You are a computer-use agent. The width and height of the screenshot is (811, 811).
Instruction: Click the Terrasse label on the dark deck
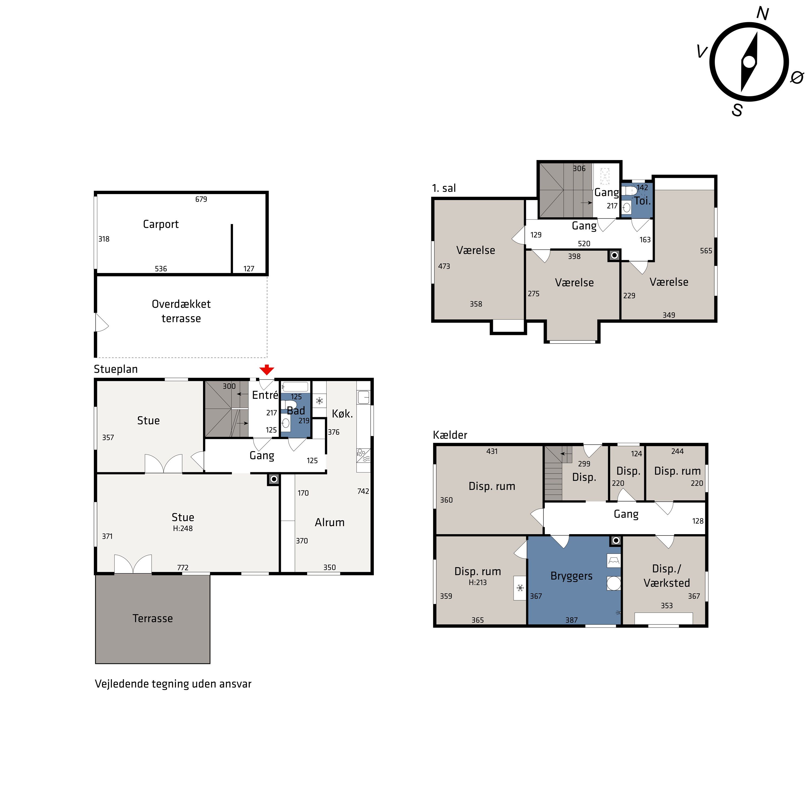click(153, 618)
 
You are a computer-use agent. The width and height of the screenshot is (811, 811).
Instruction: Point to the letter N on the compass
click(762, 14)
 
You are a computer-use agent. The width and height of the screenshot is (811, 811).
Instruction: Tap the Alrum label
click(330, 523)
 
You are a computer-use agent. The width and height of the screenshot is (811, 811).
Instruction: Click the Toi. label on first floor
click(642, 201)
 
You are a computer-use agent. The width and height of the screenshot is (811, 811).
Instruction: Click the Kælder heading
click(450, 435)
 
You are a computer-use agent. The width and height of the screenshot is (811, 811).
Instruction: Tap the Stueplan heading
click(116, 369)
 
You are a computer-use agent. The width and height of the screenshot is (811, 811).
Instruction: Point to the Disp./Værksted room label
click(667, 576)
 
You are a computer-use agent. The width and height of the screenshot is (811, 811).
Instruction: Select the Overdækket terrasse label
click(181, 311)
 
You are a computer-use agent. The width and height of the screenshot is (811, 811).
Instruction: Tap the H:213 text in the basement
click(478, 583)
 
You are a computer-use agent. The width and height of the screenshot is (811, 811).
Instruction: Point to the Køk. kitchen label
click(342, 414)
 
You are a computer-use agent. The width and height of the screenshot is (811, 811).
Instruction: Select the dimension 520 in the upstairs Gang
click(584, 244)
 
